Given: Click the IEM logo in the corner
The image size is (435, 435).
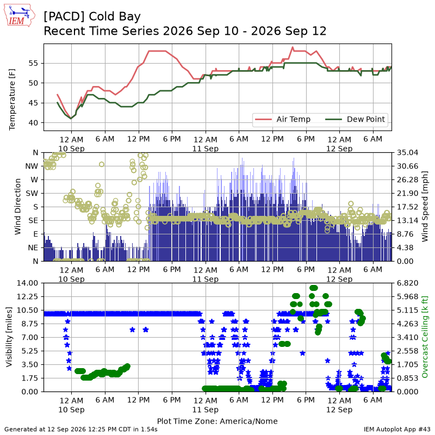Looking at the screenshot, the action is pyautogui.click(x=19, y=15).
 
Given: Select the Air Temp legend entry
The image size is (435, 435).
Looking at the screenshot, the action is pyautogui.click(x=282, y=119).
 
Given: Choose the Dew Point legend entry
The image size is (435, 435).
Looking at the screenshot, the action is pyautogui.click(x=355, y=119).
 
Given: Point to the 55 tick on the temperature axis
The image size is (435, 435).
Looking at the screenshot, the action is pyautogui.click(x=33, y=63).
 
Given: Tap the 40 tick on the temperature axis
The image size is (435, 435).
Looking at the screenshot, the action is pyautogui.click(x=33, y=123).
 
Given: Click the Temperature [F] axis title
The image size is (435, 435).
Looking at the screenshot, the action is pyautogui.click(x=12, y=100).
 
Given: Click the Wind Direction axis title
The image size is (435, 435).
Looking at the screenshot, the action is pyautogui.click(x=18, y=207).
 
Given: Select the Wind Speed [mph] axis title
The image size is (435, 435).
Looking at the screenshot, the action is pyautogui.click(x=425, y=207).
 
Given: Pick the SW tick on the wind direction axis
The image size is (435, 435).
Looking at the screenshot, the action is pyautogui.click(x=32, y=194).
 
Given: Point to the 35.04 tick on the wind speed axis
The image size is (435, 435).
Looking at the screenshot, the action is pyautogui.click(x=407, y=153).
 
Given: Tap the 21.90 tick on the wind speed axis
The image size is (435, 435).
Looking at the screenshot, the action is pyautogui.click(x=407, y=194).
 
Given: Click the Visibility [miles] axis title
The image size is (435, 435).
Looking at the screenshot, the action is pyautogui.click(x=9, y=337).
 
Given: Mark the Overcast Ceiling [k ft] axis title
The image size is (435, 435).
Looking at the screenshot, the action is pyautogui.click(x=425, y=337).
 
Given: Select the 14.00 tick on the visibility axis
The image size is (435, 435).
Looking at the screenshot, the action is pyautogui.click(x=27, y=283).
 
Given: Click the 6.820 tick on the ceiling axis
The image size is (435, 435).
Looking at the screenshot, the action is pyautogui.click(x=407, y=283).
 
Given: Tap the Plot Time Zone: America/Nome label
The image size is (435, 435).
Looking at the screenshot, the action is pyautogui.click(x=217, y=421).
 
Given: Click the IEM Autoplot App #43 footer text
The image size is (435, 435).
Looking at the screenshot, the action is pyautogui.click(x=397, y=429).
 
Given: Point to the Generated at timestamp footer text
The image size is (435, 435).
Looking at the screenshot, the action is pyautogui.click(x=81, y=429).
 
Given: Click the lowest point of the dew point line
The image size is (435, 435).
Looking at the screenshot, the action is pyautogui.click(x=71, y=119).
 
